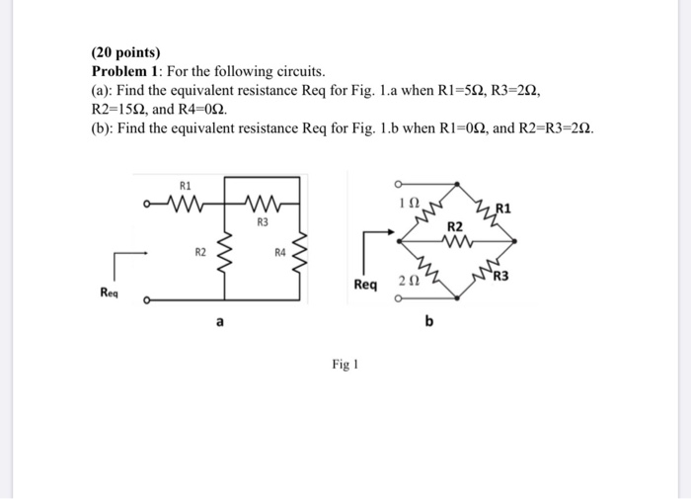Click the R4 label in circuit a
click(280, 253)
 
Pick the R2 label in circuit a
click(199, 253)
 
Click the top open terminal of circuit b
click(397, 184)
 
